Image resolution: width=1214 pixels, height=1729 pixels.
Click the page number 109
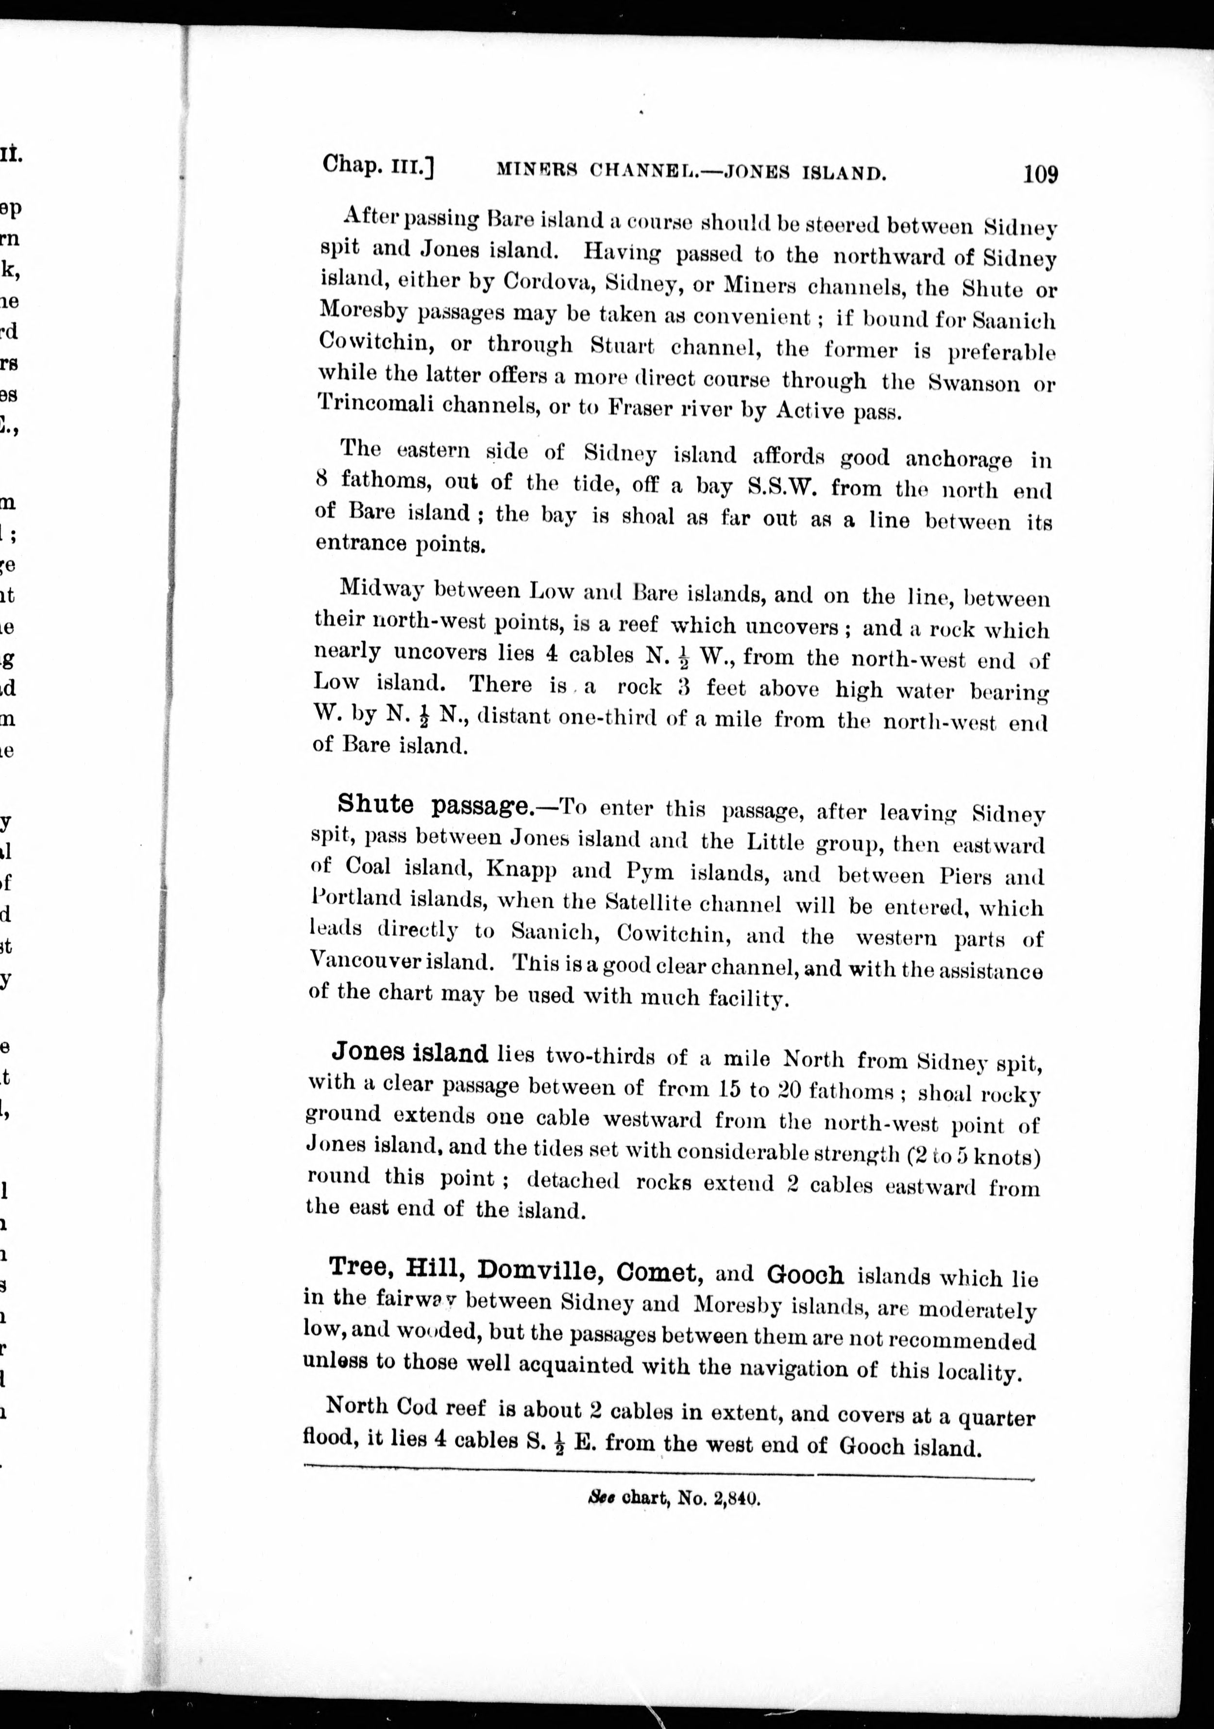click(1040, 174)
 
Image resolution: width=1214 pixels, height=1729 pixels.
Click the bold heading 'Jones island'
click(410, 1051)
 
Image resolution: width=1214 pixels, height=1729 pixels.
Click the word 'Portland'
click(354, 899)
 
